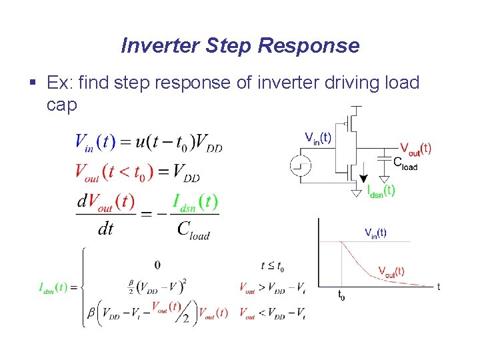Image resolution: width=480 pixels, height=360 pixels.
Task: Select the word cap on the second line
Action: pyautogui.click(x=62, y=105)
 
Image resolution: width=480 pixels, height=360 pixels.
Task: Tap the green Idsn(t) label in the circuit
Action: pyautogui.click(x=381, y=190)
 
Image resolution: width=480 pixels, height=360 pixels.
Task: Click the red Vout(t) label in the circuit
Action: pyautogui.click(x=415, y=148)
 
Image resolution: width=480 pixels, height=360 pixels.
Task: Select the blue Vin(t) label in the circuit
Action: pyautogui.click(x=318, y=137)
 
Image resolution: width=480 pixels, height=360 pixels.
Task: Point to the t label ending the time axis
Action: pyautogui.click(x=438, y=287)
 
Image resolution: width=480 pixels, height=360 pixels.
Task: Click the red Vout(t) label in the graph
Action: pyautogui.click(x=391, y=271)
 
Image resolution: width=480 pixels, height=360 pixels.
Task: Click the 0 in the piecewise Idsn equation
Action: pyautogui.click(x=157, y=265)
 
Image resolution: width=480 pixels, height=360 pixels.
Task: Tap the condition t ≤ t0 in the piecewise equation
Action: pyautogui.click(x=272, y=266)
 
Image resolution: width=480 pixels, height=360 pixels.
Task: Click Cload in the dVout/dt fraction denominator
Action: pyautogui.click(x=193, y=229)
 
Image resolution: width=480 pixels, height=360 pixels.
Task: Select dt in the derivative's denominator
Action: pyautogui.click(x=105, y=229)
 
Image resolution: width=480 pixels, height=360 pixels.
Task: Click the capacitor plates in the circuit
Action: pyautogui.click(x=384, y=158)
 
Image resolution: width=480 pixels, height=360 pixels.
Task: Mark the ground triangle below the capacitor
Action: pyautogui.click(x=384, y=178)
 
